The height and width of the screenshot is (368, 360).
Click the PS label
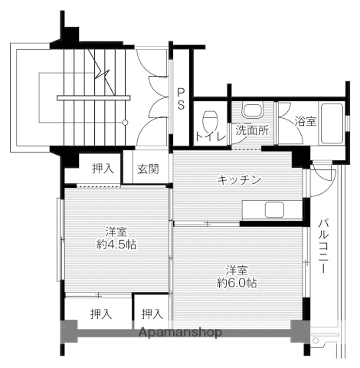181,100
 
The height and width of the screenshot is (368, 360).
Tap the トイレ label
210,137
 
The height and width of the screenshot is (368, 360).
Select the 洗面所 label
251,130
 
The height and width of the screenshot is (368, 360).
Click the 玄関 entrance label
148,169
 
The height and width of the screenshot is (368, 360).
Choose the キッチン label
239,179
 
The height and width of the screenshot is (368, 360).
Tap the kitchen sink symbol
273,209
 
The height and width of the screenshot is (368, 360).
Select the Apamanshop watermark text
180,333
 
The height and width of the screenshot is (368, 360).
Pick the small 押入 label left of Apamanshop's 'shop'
152,313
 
